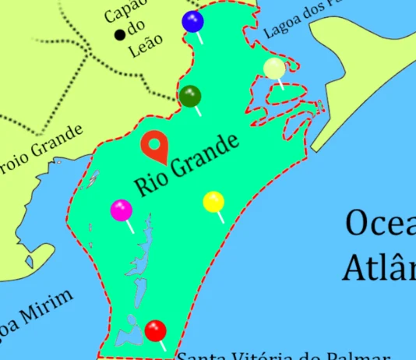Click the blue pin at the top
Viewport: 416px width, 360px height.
pos(192,22)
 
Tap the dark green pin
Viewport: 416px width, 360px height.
pos(190,97)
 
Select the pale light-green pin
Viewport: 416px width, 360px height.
pos(274,69)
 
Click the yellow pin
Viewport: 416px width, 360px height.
pos(213,203)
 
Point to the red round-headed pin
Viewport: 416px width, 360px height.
pos(156,330)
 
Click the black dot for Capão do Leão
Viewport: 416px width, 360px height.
pos(120,34)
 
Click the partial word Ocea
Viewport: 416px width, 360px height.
pos(380,224)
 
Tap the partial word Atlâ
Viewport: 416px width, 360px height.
pos(379,267)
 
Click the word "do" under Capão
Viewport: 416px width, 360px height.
pos(138,30)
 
